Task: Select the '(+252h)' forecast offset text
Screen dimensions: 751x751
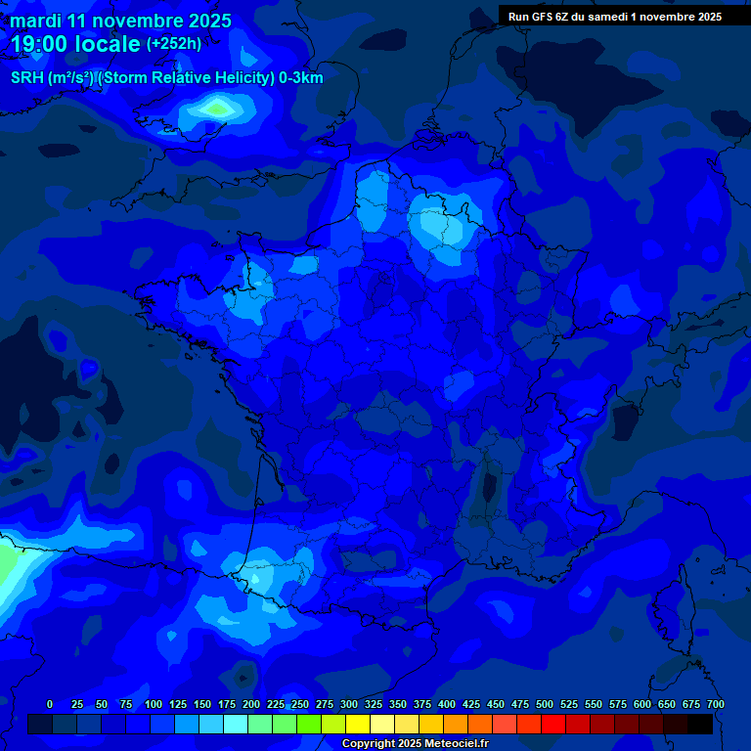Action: pyautogui.click(x=174, y=44)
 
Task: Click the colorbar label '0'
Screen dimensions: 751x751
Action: pyautogui.click(x=50, y=704)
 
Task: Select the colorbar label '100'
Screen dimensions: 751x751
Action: pyautogui.click(x=154, y=704)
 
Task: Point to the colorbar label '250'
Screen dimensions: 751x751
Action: pyautogui.click(x=300, y=704)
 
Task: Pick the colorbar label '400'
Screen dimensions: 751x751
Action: pyautogui.click(x=447, y=704)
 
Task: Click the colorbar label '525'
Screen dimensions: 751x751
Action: pyautogui.click(x=569, y=704)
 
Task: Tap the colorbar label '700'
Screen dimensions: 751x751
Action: pyautogui.click(x=716, y=704)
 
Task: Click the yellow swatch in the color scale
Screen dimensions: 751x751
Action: pyautogui.click(x=358, y=724)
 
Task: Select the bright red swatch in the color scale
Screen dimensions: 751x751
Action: pyautogui.click(x=553, y=724)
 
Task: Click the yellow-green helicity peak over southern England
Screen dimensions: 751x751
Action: pyautogui.click(x=217, y=107)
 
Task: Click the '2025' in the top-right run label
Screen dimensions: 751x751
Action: pyautogui.click(x=707, y=17)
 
